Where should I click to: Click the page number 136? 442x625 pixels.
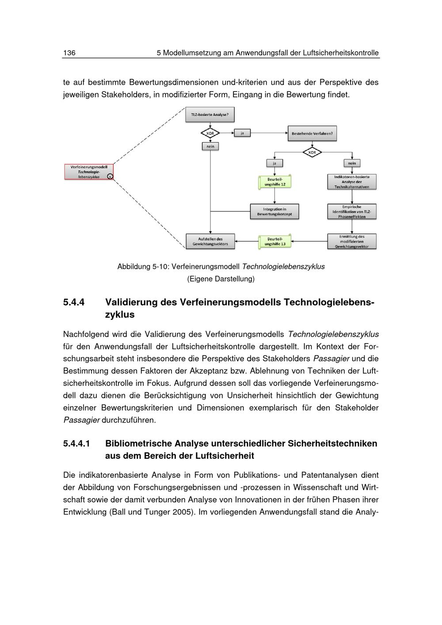[69, 53]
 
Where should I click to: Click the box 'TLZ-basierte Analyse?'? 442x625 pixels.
[210, 114]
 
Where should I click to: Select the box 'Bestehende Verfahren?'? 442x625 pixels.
[312, 133]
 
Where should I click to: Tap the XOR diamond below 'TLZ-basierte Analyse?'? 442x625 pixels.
[210, 133]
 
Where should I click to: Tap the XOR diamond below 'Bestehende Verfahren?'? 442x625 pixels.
[312, 152]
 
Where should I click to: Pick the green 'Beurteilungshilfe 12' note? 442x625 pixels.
[274, 182]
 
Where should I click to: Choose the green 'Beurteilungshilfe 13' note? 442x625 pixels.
[274, 241]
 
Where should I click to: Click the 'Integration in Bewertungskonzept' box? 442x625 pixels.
[274, 212]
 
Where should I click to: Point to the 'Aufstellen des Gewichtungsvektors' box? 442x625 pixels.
[210, 241]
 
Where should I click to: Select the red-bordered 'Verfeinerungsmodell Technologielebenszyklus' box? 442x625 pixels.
[88, 171]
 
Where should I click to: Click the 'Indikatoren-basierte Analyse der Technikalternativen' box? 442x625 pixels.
[352, 182]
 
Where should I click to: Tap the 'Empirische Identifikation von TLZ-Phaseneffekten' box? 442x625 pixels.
[352, 212]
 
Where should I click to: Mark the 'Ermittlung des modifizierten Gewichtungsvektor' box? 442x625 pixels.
[352, 241]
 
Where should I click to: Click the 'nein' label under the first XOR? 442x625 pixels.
[210, 146]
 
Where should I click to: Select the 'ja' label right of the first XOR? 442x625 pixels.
[242, 133]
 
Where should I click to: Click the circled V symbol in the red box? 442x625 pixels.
[110, 176]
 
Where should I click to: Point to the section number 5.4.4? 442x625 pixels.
[74, 302]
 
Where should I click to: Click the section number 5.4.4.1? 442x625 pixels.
[76, 443]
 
